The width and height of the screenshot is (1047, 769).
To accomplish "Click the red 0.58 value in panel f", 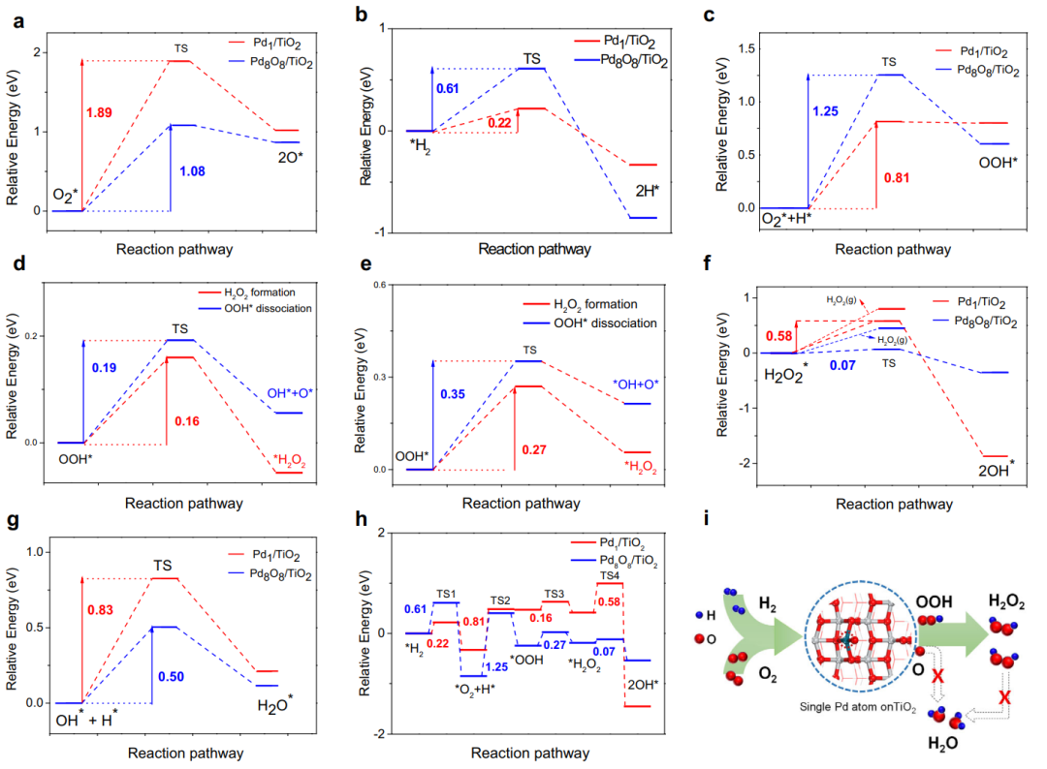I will [781, 336].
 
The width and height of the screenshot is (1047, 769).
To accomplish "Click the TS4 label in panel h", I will [609, 575].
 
